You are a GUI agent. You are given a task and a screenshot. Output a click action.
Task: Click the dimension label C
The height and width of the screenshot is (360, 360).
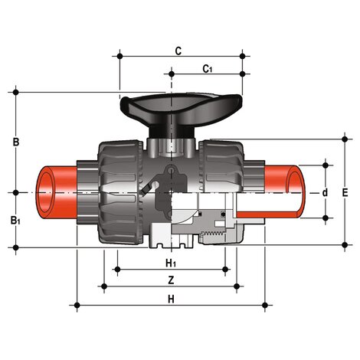click(x=178, y=51)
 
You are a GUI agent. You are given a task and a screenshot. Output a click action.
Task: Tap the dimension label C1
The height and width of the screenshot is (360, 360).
click(x=207, y=69)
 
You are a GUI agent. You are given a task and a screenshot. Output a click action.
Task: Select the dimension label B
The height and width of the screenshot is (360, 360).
click(x=16, y=142)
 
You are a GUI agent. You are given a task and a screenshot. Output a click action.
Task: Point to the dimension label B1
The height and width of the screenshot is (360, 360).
click(x=15, y=221)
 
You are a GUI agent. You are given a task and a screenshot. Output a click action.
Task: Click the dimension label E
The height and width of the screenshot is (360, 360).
click(x=345, y=193)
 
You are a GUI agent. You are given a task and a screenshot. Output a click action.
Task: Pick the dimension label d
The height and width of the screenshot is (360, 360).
click(x=325, y=192)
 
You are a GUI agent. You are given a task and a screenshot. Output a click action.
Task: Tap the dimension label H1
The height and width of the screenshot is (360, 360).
click(x=171, y=263)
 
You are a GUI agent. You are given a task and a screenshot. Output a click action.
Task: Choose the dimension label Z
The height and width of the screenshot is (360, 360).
click(x=171, y=280)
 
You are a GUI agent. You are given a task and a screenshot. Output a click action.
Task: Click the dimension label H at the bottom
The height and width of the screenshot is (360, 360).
click(x=171, y=299)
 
